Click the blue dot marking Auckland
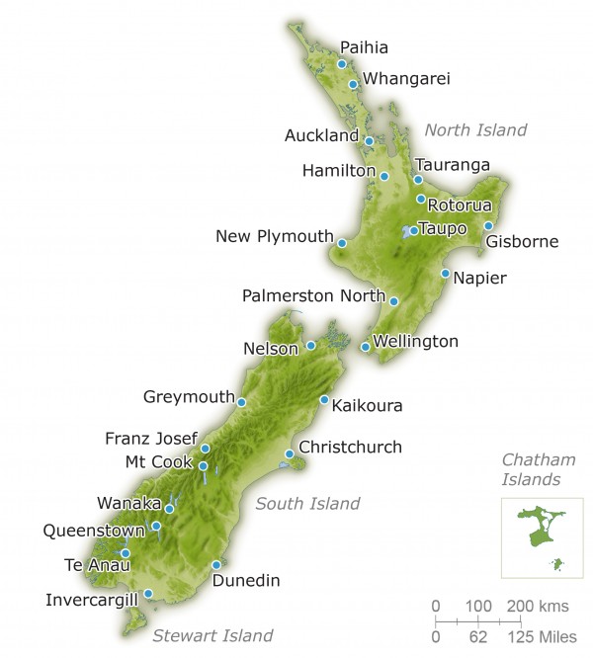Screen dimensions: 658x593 (x=369, y=141)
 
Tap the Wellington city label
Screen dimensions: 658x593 (x=416, y=342)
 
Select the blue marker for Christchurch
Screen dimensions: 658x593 (x=289, y=454)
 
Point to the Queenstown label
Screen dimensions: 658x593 (x=88, y=530)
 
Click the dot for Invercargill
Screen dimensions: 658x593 (x=148, y=594)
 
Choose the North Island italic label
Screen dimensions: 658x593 (x=475, y=129)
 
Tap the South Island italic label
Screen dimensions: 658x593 (x=307, y=504)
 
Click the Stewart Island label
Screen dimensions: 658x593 (x=212, y=635)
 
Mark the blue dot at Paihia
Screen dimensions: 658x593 (x=342, y=64)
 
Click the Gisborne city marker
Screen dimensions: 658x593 (x=488, y=226)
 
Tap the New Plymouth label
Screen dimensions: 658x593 (x=275, y=236)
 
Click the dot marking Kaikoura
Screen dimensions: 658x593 (x=324, y=400)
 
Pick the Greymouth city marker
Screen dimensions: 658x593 (x=241, y=402)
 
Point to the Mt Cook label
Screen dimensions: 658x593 (x=158, y=461)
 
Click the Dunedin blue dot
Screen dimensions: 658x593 (x=216, y=565)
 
